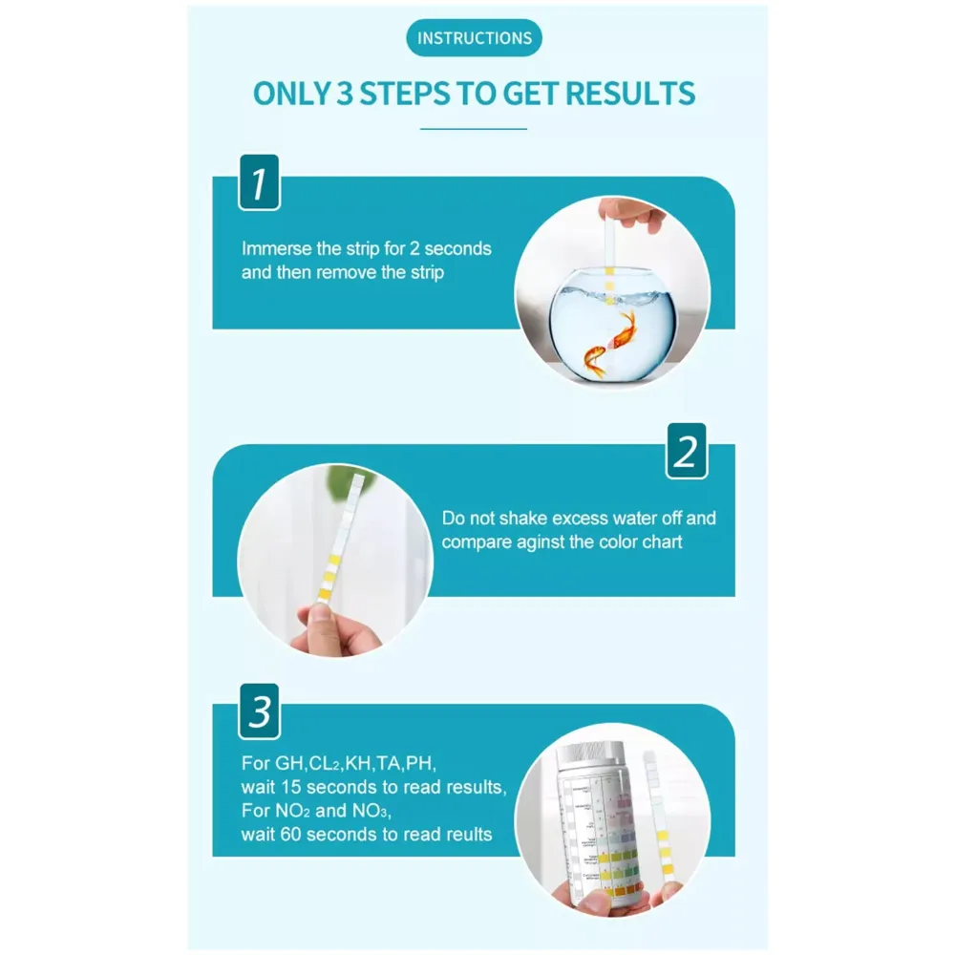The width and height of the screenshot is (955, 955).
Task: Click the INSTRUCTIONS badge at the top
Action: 475,39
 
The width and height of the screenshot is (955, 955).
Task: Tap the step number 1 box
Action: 258,181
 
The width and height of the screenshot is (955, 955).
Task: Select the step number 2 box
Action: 686,451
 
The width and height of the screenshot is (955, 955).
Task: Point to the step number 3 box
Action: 258,711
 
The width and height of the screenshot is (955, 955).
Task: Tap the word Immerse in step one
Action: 277,249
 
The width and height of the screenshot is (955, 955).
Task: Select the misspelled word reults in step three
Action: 462,835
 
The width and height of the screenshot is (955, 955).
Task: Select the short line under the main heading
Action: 475,128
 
